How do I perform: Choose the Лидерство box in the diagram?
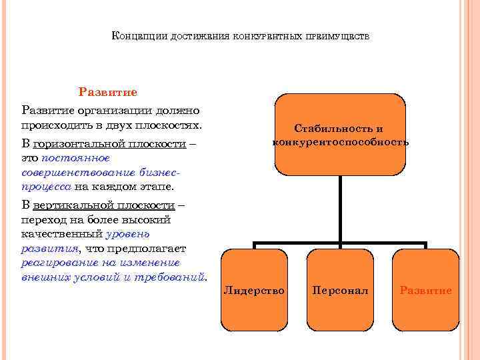pos(254,290)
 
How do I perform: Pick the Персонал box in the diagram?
pos(339,290)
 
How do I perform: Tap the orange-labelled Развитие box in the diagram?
pos(425,290)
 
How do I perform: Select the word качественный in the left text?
pos(62,233)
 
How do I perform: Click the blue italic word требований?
pos(171,276)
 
